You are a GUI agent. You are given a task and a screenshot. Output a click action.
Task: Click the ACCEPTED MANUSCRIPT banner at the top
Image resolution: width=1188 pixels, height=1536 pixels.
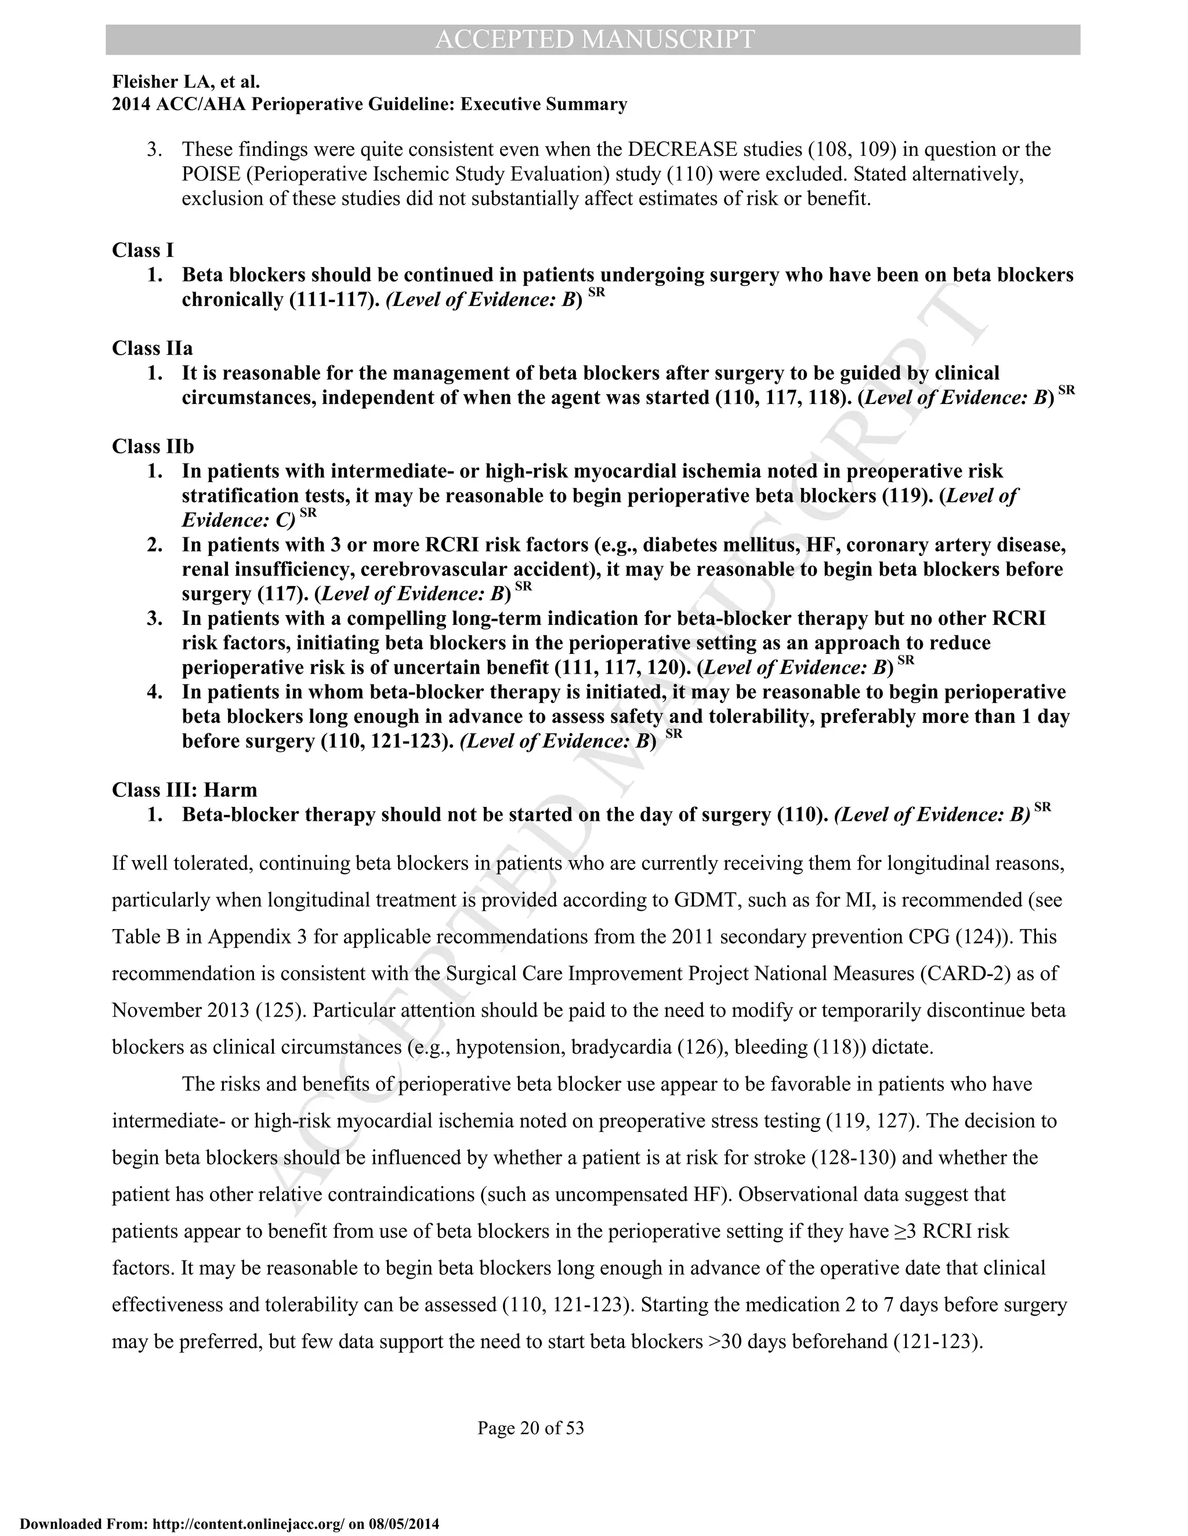point(593,39)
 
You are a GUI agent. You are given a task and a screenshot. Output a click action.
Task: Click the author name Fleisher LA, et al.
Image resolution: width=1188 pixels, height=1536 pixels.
point(186,83)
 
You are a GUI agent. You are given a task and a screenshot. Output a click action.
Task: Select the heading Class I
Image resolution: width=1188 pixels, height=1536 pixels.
point(143,250)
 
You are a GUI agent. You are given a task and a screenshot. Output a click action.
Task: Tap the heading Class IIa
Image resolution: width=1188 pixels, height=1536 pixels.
point(152,348)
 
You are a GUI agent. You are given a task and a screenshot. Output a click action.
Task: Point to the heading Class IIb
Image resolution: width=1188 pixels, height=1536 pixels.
point(153,446)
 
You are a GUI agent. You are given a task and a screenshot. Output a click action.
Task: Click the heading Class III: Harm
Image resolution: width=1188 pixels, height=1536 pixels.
point(184,790)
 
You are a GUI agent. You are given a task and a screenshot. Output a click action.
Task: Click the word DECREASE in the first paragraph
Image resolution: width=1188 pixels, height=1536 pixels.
point(682,150)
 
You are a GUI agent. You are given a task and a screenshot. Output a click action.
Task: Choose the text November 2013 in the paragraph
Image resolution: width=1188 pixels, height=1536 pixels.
point(180,1011)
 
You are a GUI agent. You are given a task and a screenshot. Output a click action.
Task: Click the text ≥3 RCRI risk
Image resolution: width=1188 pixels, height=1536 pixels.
point(951,1232)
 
